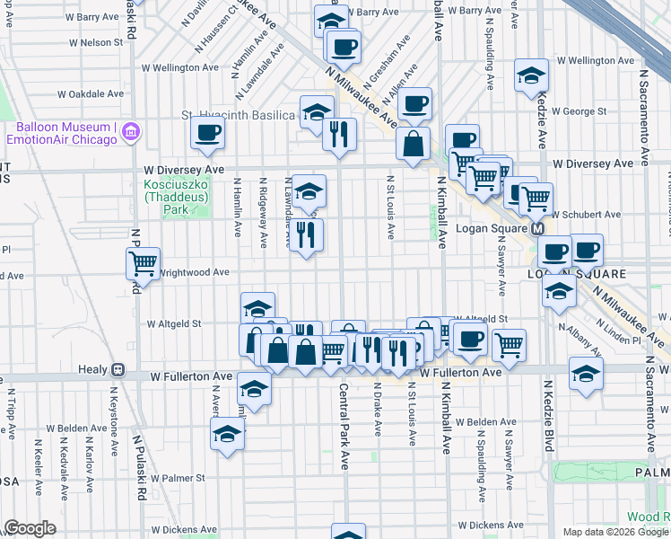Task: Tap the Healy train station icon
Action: click(x=118, y=369)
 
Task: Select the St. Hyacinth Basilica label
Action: click(x=239, y=116)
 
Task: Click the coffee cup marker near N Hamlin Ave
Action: click(x=207, y=134)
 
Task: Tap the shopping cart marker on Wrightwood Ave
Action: click(x=143, y=263)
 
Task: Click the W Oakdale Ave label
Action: click(x=90, y=93)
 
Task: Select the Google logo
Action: click(x=30, y=528)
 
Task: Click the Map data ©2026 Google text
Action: click(x=614, y=532)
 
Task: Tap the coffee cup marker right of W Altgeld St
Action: click(x=470, y=340)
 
